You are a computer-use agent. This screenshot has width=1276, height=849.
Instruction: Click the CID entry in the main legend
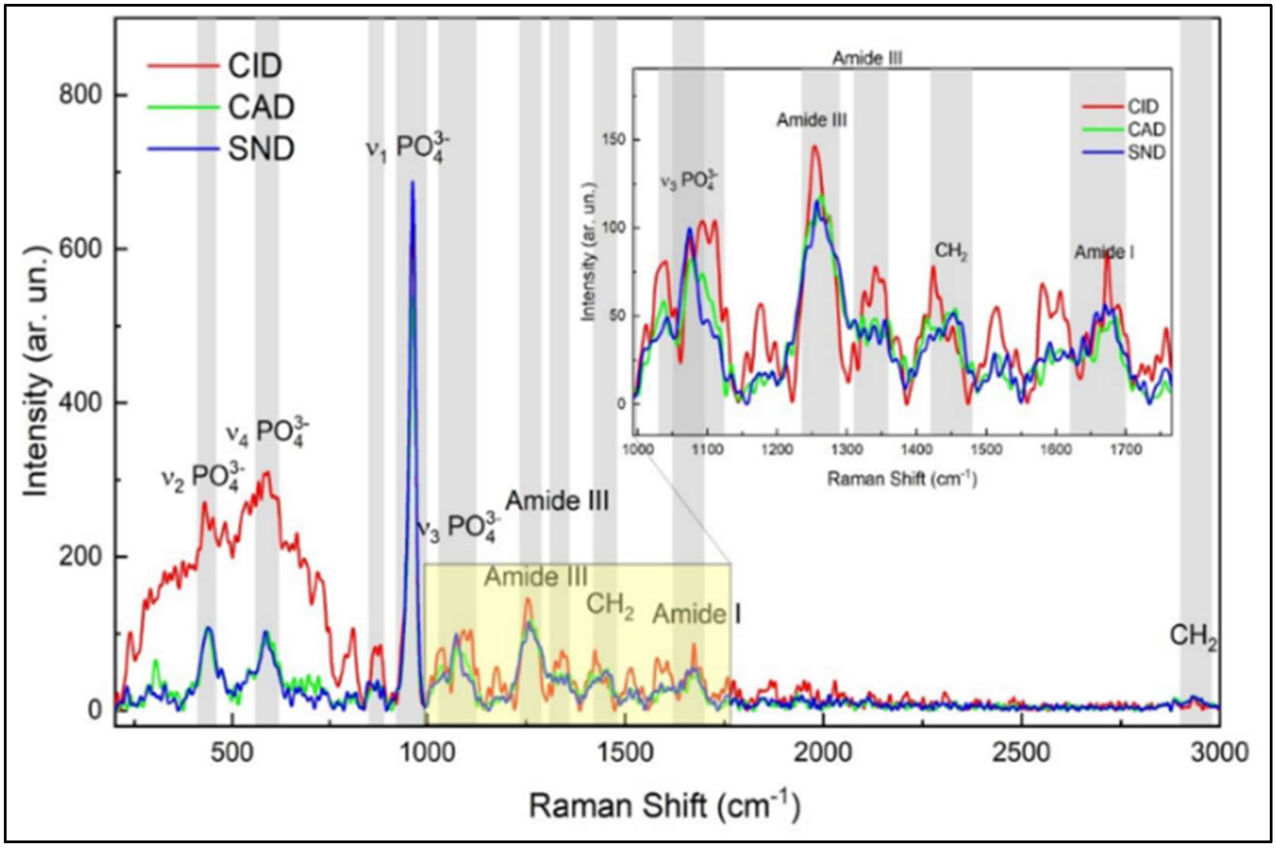(x=254, y=66)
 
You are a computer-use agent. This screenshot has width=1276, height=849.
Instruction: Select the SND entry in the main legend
(x=261, y=149)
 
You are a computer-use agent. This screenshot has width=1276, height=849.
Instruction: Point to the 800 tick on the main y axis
(x=80, y=95)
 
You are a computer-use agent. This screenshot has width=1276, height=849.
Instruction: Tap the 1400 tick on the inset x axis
(x=915, y=449)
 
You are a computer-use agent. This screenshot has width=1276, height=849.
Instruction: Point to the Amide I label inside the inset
(x=1105, y=252)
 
